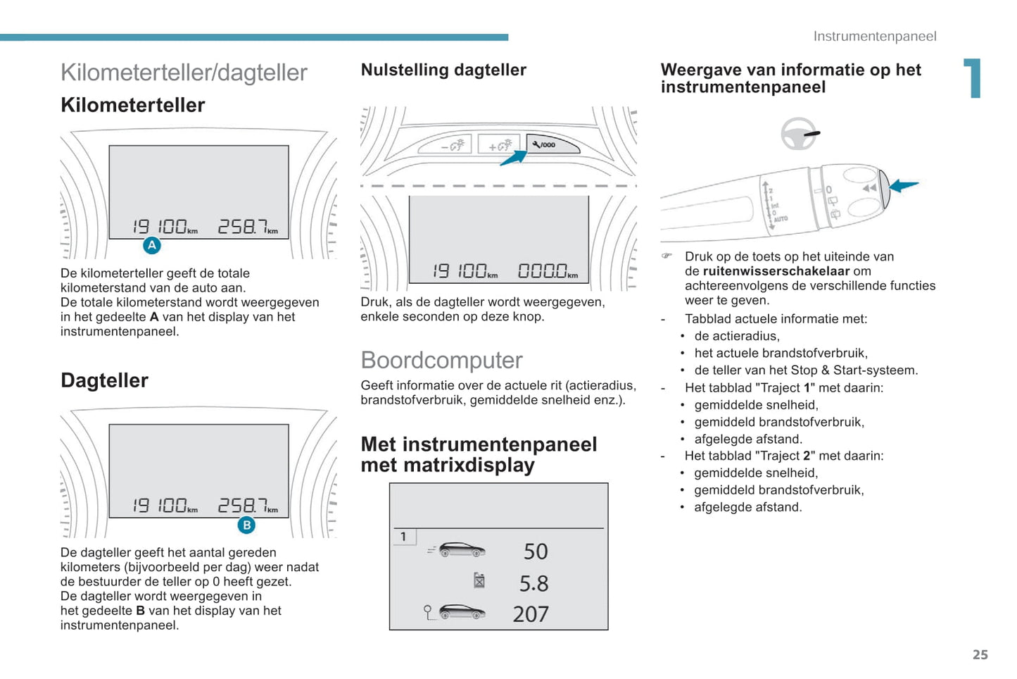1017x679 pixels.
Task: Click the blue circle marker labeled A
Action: (x=152, y=246)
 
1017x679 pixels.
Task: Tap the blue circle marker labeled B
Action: (x=246, y=525)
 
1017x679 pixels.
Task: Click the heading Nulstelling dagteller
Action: (x=443, y=70)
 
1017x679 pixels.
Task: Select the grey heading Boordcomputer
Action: (x=441, y=360)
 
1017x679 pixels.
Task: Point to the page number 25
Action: (x=980, y=654)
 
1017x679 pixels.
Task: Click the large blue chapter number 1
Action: (x=972, y=78)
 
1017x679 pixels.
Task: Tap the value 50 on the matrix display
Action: (x=536, y=551)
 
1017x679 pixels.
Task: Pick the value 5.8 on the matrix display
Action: (x=533, y=583)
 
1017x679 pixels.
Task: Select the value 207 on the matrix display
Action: (x=531, y=614)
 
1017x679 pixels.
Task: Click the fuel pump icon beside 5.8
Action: (x=479, y=580)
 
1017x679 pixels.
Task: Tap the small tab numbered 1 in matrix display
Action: (x=403, y=537)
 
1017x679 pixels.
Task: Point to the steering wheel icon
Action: (x=800, y=133)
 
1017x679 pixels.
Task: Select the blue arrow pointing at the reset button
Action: (x=513, y=158)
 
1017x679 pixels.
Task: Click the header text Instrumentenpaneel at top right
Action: (x=875, y=36)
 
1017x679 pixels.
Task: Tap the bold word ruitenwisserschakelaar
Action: (x=776, y=271)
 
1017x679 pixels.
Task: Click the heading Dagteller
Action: (x=104, y=380)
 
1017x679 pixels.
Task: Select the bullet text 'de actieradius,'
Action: (x=737, y=336)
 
